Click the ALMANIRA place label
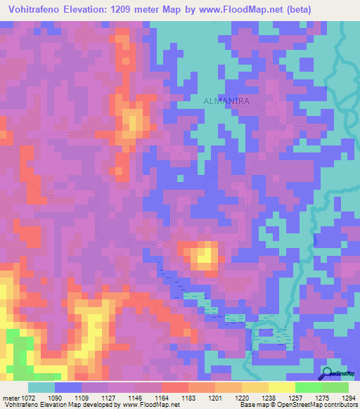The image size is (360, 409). pyautogui.click(x=226, y=101)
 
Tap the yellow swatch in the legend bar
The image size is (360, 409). pyautogui.click(x=282, y=387)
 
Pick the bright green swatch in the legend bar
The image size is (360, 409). pyautogui.click(x=309, y=387)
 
